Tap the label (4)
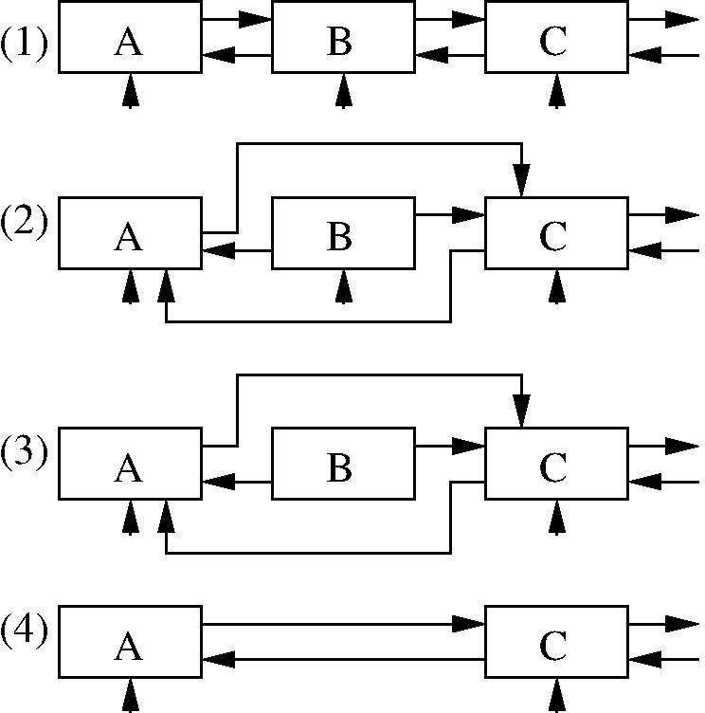click(25, 631)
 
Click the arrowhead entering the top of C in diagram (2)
click(521, 183)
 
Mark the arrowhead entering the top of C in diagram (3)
click(521, 413)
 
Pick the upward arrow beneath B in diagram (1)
click(344, 91)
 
